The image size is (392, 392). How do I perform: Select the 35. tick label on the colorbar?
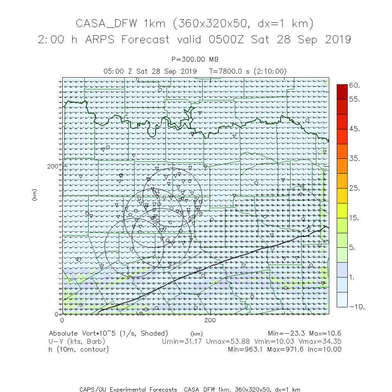354,159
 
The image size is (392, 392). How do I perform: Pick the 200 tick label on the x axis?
211,320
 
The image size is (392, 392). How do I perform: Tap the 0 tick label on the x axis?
62,320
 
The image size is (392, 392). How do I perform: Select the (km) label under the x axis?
196,334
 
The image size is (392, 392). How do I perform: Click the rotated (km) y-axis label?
34,195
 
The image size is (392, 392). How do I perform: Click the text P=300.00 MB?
195,60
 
